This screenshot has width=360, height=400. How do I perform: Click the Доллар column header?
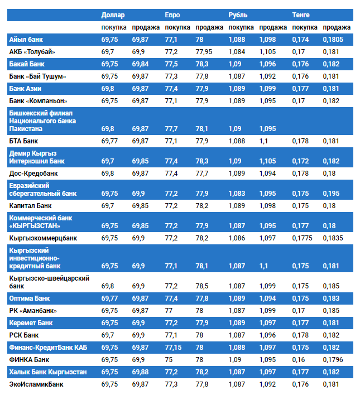[x=113, y=15]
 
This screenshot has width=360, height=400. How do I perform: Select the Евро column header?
[x=172, y=15]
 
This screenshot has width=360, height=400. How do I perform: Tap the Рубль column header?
[x=238, y=15]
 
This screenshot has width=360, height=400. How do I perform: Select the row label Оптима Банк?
[x=31, y=298]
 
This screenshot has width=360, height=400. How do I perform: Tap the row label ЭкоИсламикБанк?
[x=36, y=384]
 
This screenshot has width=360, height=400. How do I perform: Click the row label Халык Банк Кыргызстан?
[x=48, y=372]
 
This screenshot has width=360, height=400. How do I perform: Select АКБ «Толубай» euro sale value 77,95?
[x=204, y=52]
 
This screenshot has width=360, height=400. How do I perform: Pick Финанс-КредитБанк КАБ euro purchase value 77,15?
[x=174, y=348]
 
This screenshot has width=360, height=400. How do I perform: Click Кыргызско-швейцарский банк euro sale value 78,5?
[x=202, y=286]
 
